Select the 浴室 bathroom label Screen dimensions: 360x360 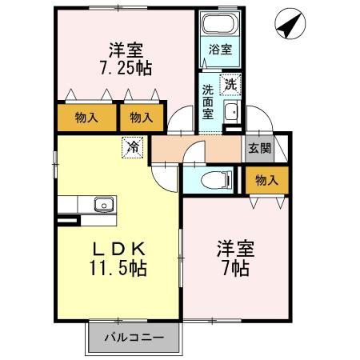pos(219,50)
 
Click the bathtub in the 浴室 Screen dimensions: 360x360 pos(219,24)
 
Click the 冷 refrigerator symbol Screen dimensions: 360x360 pos(133,147)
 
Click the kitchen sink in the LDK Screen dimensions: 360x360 pos(103,205)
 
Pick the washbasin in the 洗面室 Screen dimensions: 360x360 pos(230,111)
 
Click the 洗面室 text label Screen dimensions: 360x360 pos(207,100)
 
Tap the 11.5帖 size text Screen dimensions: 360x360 pos(118,266)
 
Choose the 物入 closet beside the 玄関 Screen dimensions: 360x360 pos(266,180)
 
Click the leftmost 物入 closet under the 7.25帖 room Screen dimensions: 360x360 pos(86,118)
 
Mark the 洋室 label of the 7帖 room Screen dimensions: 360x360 pos(237,247)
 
